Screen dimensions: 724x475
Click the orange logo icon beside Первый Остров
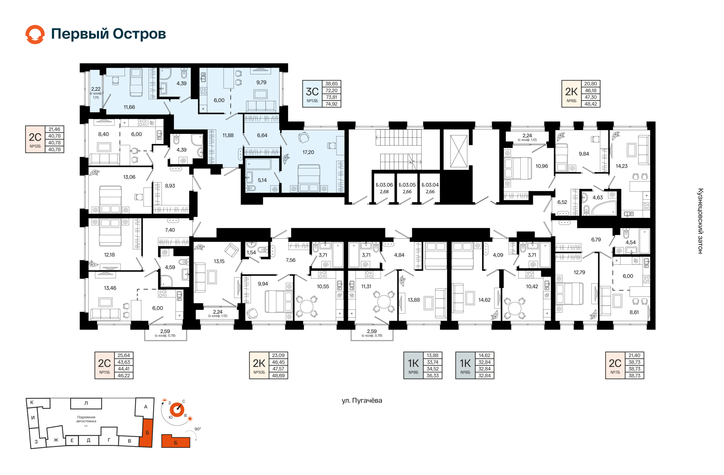(x=35, y=34)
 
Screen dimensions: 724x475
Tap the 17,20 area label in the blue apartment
(x=308, y=152)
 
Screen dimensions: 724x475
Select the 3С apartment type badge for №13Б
(x=312, y=94)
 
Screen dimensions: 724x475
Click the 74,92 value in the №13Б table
(x=331, y=104)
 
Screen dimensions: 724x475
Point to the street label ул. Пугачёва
(x=362, y=400)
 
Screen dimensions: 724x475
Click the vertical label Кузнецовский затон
(x=700, y=221)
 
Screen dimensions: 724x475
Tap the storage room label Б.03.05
(x=407, y=185)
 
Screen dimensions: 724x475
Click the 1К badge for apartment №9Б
(x=414, y=365)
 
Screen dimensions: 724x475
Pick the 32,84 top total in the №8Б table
(x=485, y=362)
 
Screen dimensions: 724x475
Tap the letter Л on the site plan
(x=86, y=403)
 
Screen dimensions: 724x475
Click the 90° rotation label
(x=198, y=429)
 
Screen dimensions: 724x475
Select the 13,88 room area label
(x=414, y=300)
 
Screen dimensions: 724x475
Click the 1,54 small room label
(x=252, y=253)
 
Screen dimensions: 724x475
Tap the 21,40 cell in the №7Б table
(x=634, y=355)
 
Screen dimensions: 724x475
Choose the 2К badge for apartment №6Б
(x=571, y=94)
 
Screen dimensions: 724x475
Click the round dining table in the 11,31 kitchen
(x=384, y=302)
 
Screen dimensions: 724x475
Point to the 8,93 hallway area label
(x=170, y=186)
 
